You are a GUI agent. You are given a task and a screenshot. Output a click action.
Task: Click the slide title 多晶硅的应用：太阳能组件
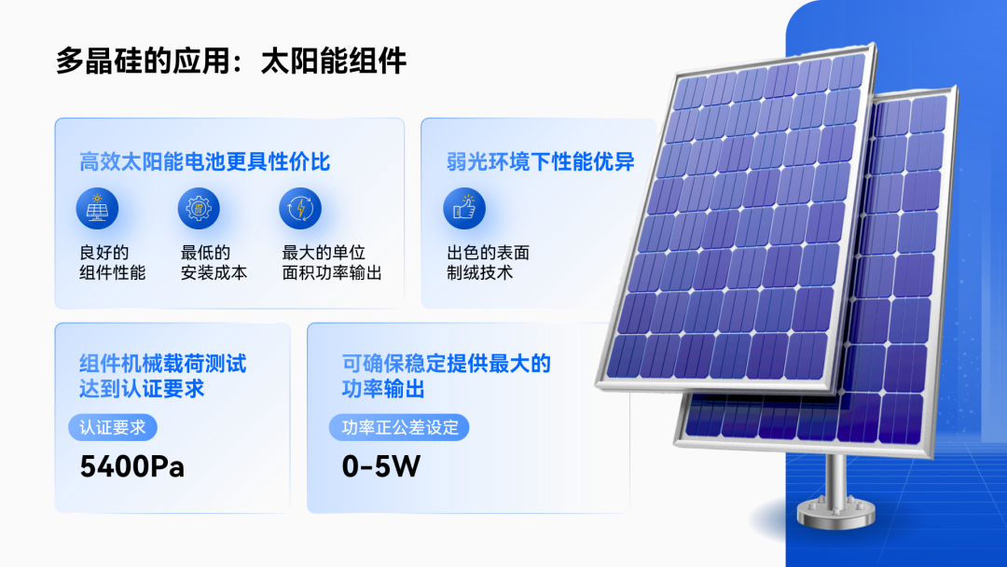click(x=230, y=62)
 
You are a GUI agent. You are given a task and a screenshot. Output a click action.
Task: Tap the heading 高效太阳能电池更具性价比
click(x=204, y=162)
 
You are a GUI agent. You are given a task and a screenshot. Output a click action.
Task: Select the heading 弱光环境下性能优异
click(x=540, y=162)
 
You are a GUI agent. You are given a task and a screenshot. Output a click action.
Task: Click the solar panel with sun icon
click(x=97, y=208)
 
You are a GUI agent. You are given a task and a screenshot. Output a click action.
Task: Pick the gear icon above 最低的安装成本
click(x=199, y=208)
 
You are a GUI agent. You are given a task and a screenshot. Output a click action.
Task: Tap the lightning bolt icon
click(x=300, y=208)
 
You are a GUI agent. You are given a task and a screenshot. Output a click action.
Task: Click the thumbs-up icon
click(x=464, y=208)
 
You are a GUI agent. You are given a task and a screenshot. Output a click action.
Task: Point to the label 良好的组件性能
click(x=113, y=263)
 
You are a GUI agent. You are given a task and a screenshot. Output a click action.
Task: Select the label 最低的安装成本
click(x=214, y=263)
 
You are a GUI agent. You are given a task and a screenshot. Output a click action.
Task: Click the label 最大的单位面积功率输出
click(x=332, y=263)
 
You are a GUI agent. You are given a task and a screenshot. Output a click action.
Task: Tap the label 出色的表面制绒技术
click(x=488, y=263)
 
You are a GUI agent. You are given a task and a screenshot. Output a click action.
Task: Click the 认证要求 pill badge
click(x=113, y=428)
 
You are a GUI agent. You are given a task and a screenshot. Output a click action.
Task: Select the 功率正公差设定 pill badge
click(x=399, y=428)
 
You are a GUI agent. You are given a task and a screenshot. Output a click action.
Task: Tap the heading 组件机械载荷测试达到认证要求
click(x=162, y=376)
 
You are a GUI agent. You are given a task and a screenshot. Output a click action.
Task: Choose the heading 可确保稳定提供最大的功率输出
click(x=447, y=376)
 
